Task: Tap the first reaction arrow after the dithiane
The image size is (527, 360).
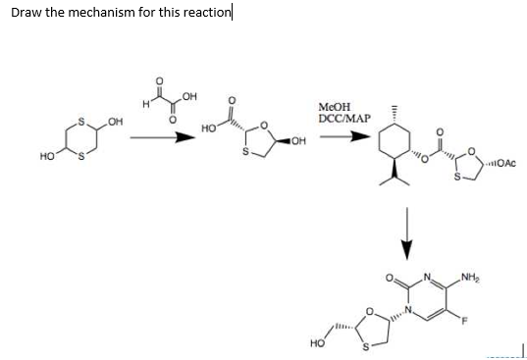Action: tap(157, 137)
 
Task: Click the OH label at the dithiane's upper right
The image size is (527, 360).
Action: tap(116, 121)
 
